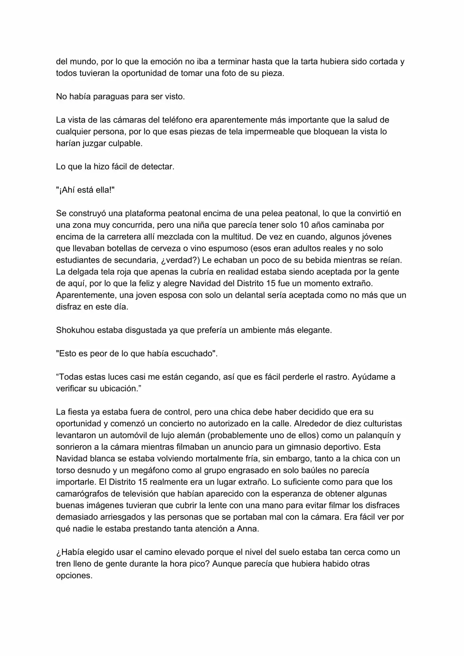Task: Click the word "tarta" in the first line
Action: (x=309, y=61)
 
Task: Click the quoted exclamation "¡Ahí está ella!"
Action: (x=85, y=190)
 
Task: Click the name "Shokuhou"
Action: (x=74, y=330)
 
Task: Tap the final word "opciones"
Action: (x=74, y=575)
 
